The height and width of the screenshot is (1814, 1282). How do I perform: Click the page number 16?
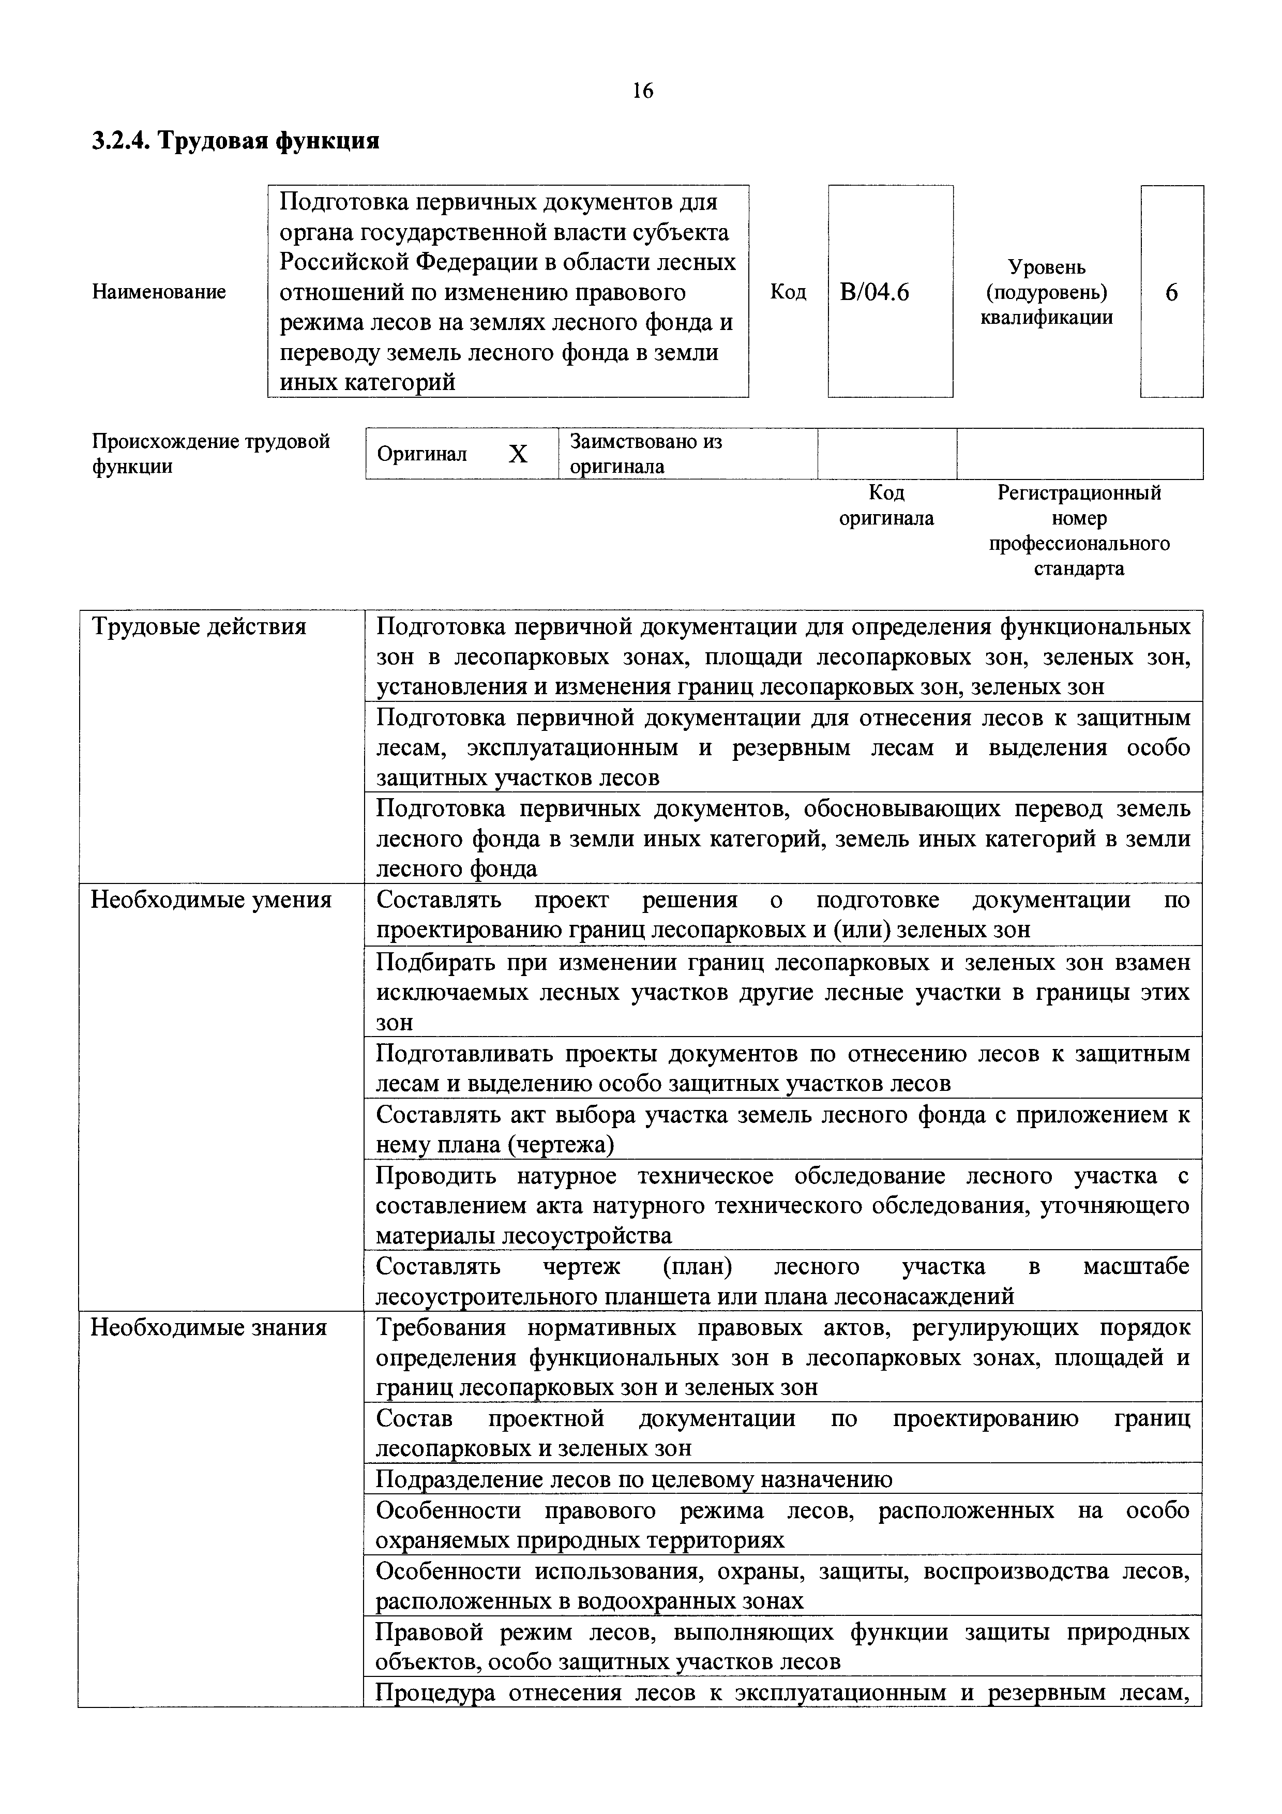643,92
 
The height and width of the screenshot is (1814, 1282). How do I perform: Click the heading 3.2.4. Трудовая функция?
235,141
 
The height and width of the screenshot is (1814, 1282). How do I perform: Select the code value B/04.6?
874,292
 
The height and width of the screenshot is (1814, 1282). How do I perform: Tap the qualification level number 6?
1171,292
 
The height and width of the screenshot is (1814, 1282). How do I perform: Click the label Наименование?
159,292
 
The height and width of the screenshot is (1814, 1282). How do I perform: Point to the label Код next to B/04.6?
788,292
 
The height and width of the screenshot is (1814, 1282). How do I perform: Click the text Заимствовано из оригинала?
645,454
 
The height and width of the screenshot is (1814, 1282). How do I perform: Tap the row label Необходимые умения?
211,900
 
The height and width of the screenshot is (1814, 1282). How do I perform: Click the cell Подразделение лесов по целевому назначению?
634,1479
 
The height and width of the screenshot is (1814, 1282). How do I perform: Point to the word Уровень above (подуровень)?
1047,267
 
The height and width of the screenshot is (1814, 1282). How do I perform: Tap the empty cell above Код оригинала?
886,454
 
